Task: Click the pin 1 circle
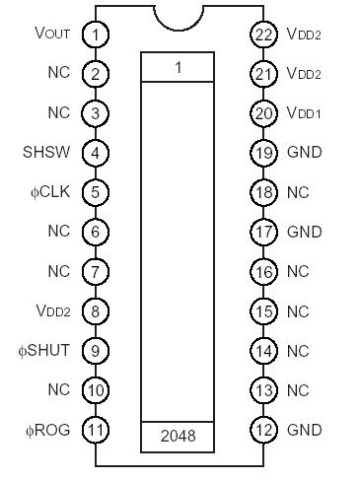coord(95,34)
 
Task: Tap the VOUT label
coord(52,34)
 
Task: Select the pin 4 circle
coord(95,153)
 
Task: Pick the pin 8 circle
coord(95,311)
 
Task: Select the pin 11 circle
coord(95,430)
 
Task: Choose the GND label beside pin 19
coord(304,153)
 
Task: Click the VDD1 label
coord(304,113)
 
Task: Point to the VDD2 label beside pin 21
coord(304,74)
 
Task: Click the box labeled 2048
coord(178,435)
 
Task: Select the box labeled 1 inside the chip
coord(178,67)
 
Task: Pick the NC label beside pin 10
coord(58,390)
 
